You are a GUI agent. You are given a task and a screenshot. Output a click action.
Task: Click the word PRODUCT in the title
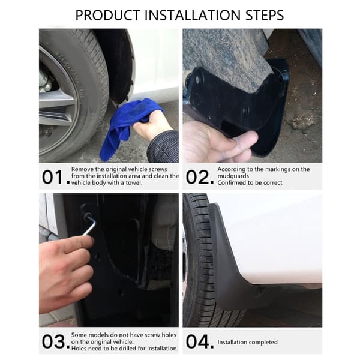107,16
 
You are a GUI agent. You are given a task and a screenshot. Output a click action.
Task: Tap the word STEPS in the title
265,16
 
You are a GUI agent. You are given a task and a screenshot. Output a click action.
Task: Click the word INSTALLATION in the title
193,16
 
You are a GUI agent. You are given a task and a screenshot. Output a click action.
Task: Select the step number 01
52,177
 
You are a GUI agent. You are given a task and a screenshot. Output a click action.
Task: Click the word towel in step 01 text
134,183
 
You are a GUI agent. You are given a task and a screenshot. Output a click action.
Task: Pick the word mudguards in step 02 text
233,176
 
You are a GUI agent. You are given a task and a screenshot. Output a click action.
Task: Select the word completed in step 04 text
262,343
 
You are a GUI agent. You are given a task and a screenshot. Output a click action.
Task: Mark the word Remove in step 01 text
82,169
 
